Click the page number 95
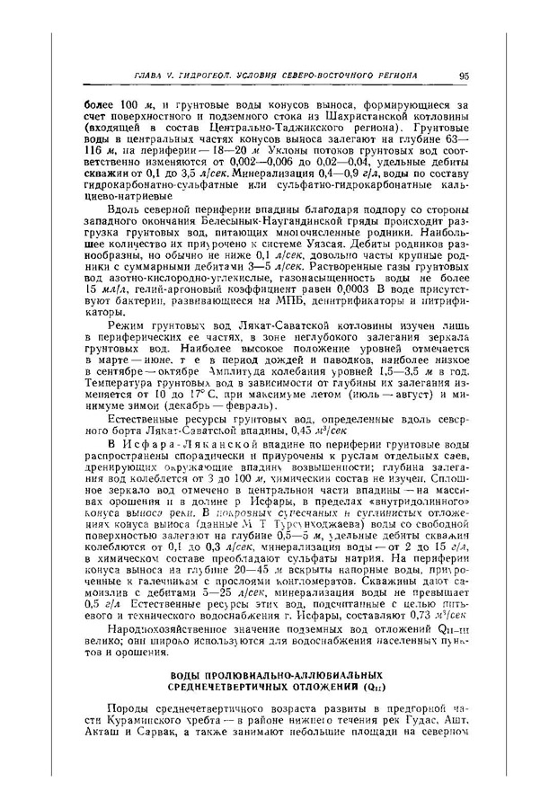pos(461,75)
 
